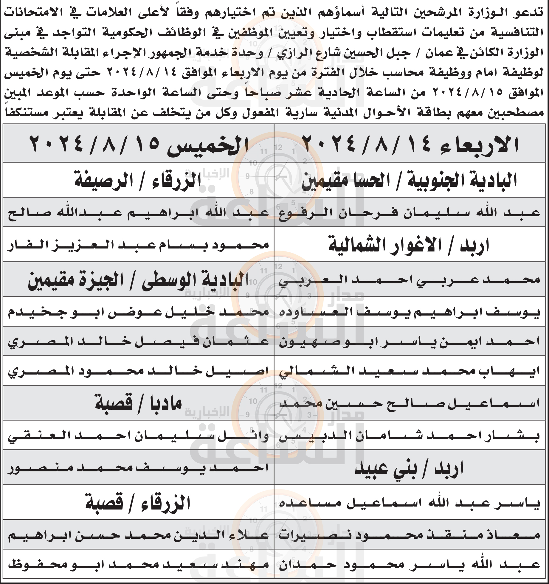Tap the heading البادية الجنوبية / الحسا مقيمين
point(410,180)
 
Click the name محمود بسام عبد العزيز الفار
point(138,245)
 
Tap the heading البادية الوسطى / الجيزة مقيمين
point(138,280)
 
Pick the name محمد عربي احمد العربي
point(410,280)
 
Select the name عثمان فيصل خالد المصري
point(138,342)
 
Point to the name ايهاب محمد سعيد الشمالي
point(410,372)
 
